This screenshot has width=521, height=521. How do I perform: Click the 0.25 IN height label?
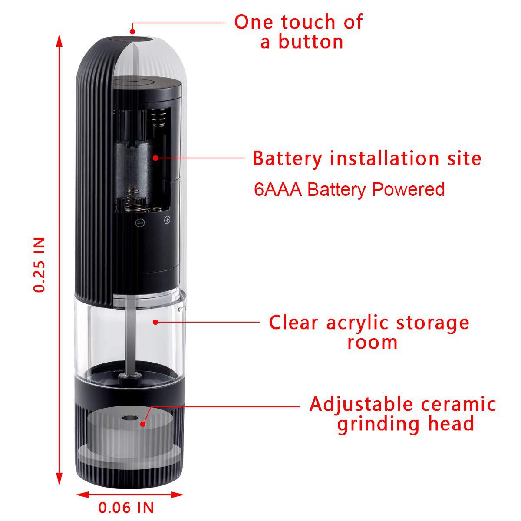click(x=40, y=264)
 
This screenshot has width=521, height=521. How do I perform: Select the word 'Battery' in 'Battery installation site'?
click(x=287, y=158)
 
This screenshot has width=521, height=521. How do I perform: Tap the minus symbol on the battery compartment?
click(x=140, y=223)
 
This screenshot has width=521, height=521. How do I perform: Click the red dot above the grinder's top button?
click(x=133, y=31)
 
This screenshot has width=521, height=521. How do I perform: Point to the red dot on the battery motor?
click(x=155, y=158)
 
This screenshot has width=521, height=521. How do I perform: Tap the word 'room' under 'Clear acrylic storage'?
click(x=372, y=343)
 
